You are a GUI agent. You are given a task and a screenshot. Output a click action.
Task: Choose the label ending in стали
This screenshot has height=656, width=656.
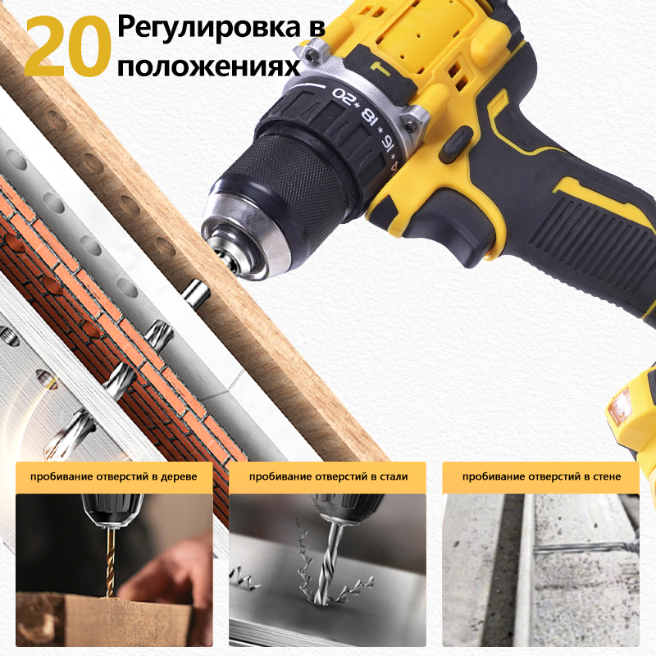tap(328, 476)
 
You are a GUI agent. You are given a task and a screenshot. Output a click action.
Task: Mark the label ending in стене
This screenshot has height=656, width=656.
tap(541, 476)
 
